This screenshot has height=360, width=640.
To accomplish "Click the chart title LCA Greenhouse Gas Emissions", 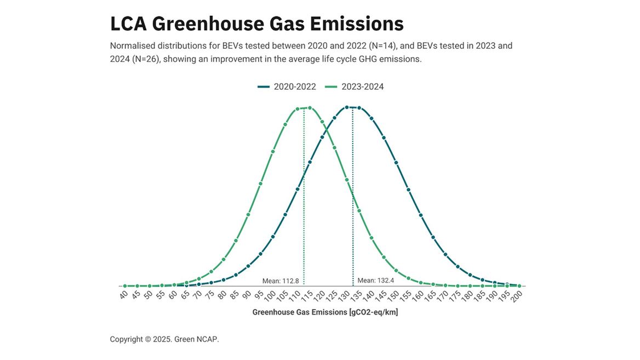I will coord(256,24).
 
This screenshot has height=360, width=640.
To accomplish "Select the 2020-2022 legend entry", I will coord(287,87).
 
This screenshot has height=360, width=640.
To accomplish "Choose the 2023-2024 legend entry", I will coord(355,87).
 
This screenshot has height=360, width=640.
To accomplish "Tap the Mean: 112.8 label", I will coord(281,281).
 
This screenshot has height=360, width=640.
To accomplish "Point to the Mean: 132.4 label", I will coord(375,281).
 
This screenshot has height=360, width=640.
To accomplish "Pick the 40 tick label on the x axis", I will coord(123,295).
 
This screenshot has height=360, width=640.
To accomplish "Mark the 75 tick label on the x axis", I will coord(209,295).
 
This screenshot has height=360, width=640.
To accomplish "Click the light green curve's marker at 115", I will coord(310,108).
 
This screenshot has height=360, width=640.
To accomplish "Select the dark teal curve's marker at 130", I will coord(347,107).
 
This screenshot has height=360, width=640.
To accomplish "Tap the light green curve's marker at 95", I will coord(260,184).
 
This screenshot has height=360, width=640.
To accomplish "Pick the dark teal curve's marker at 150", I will coord(396,163).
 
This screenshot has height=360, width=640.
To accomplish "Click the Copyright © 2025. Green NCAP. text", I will coord(164,339).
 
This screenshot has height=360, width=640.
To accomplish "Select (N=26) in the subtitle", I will coord(146,59).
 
